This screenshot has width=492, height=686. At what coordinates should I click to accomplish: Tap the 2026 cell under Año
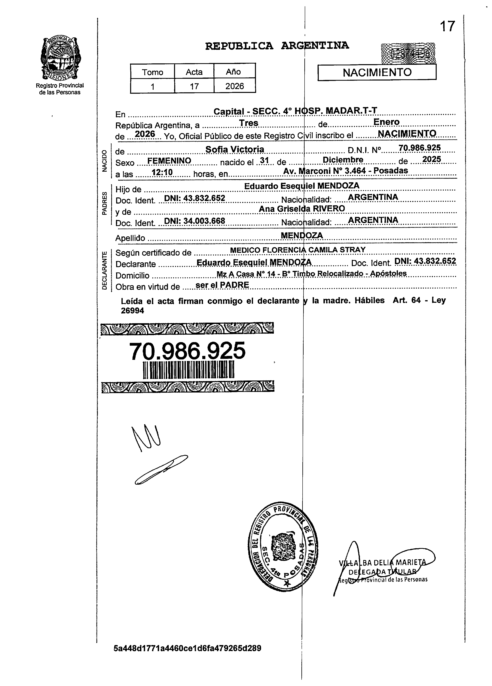(x=234, y=86)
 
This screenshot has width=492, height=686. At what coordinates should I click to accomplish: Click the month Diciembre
(x=343, y=159)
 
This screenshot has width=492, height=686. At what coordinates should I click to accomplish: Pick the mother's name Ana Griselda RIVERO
(x=302, y=208)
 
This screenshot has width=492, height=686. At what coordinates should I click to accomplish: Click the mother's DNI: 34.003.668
(x=195, y=221)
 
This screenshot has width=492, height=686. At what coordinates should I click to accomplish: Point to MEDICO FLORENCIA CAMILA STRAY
(x=298, y=250)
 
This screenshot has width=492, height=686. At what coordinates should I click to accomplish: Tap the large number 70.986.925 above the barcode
(x=187, y=351)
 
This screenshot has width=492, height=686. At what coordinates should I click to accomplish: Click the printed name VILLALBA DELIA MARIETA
(x=383, y=563)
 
